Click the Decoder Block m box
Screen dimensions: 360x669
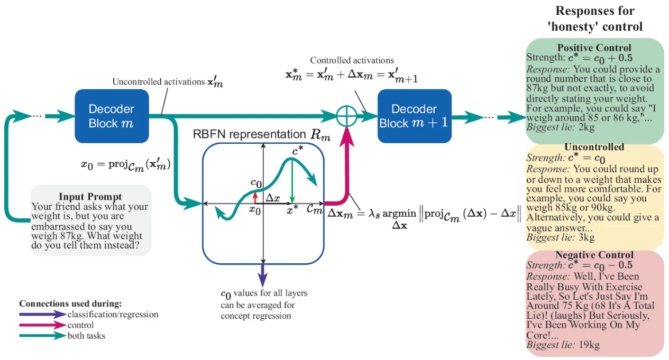[111, 116]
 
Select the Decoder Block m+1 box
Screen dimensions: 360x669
[414, 116]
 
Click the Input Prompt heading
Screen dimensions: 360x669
[90, 197]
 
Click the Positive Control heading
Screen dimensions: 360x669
[594, 48]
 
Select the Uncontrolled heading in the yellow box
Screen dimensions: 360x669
[594, 147]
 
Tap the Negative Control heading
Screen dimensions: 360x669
[594, 255]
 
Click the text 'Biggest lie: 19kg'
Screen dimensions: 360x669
[563, 345]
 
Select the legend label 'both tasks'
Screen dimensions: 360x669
[86, 336]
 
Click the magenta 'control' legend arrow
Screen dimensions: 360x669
[42, 325]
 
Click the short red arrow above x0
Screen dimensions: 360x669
[255, 197]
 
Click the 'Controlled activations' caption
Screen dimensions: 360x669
[352, 60]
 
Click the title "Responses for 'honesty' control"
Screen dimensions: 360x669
[594, 19]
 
